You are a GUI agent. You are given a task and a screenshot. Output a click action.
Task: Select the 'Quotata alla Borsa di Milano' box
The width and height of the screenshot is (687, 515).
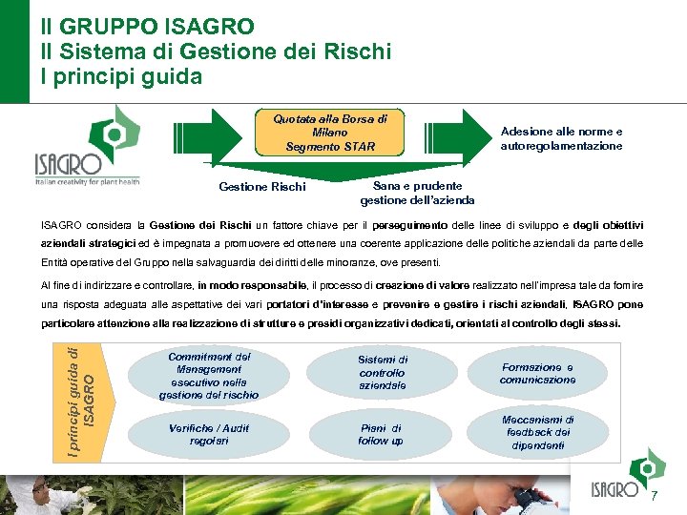(x=330, y=134)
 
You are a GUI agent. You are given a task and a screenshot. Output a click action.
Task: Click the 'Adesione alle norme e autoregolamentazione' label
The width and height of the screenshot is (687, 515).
(x=561, y=139)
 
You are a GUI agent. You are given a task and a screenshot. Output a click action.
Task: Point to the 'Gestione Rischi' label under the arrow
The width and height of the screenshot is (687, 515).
(x=262, y=187)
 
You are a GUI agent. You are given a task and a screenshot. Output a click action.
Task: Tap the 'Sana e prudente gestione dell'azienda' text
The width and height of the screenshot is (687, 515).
(x=417, y=193)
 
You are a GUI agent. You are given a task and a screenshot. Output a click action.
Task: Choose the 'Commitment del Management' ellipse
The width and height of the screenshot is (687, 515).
(x=208, y=376)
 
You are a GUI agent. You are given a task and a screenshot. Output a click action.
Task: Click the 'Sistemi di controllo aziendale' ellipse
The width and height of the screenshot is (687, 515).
(x=382, y=373)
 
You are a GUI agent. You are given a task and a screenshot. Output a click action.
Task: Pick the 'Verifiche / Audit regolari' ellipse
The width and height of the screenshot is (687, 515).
(x=208, y=435)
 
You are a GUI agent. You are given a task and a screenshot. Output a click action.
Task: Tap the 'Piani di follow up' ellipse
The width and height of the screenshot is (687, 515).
(x=382, y=435)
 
